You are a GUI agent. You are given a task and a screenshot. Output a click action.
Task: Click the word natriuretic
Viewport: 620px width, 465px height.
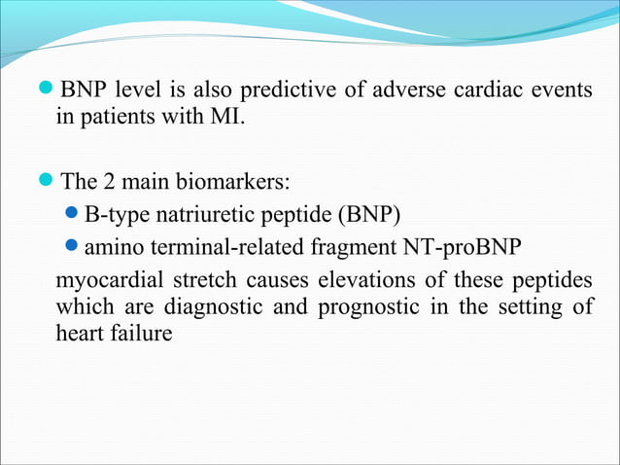click(204, 213)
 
